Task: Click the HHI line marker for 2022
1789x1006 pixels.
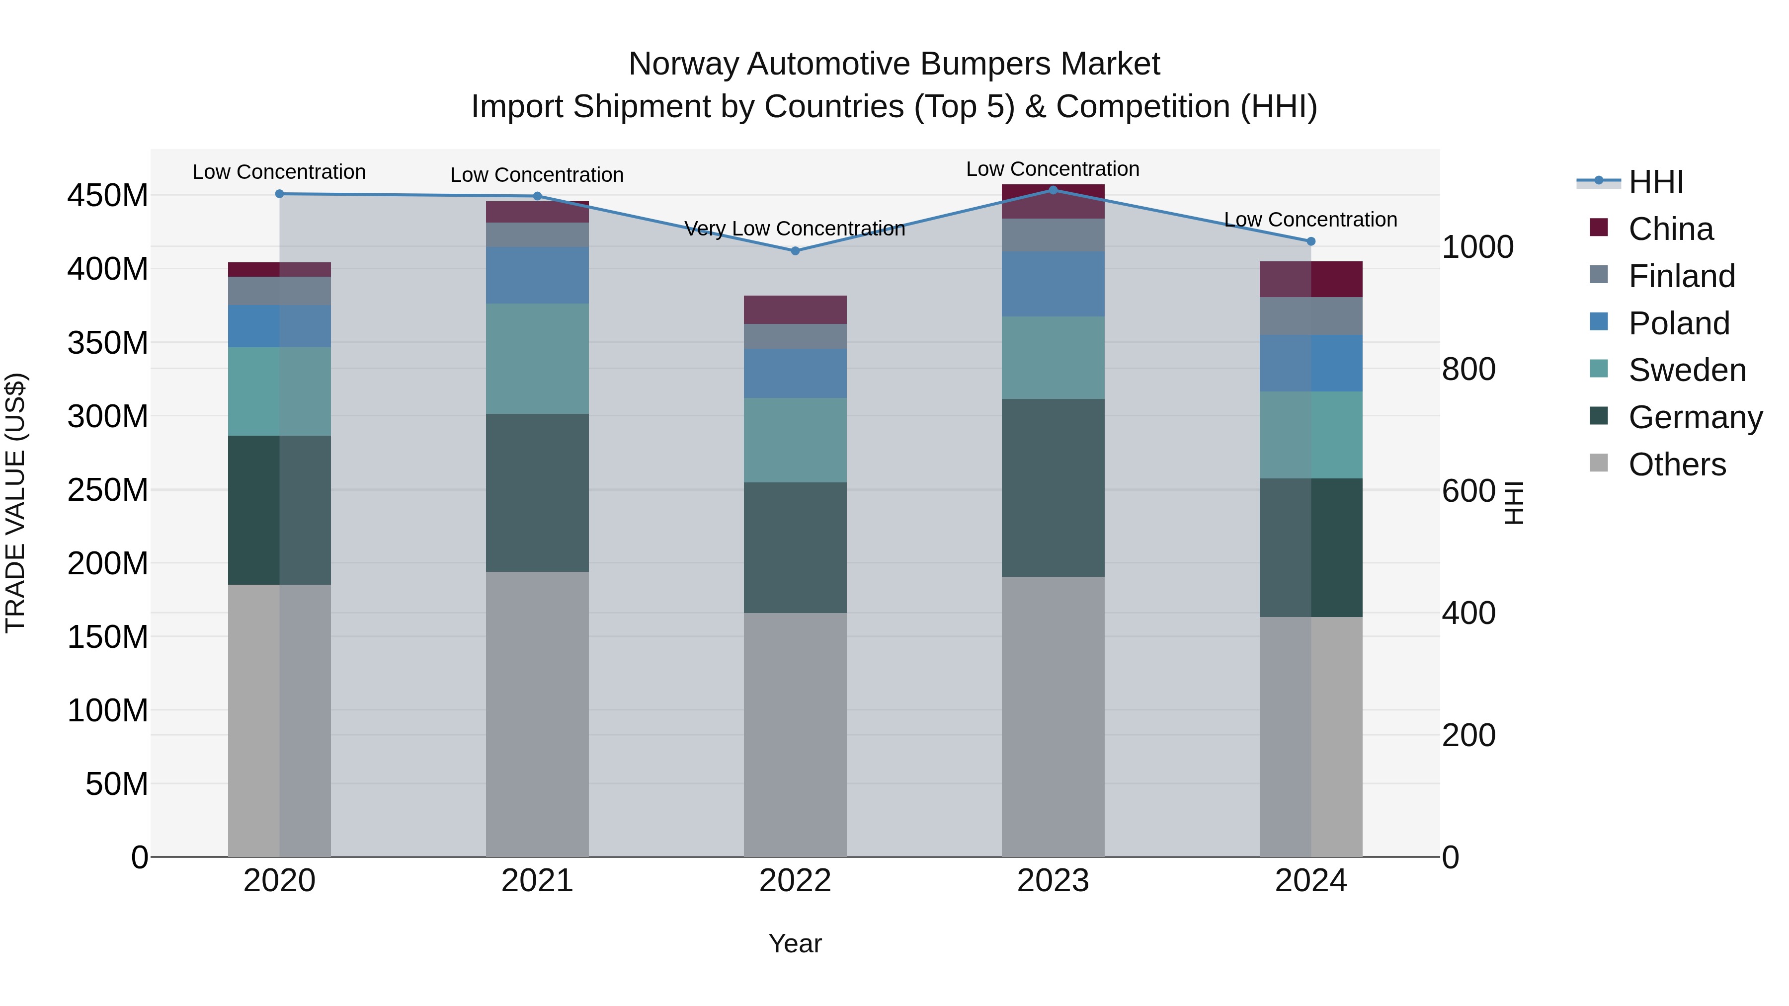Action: click(795, 251)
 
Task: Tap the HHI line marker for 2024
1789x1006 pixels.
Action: click(1310, 241)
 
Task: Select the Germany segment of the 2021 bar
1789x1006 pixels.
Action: click(537, 492)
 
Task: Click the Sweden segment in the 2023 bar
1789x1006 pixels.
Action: click(1053, 358)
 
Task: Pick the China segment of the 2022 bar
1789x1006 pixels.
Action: click(795, 310)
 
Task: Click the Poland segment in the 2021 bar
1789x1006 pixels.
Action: click(537, 275)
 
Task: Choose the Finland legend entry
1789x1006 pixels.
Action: click(1681, 276)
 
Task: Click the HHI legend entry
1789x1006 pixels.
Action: click(1656, 182)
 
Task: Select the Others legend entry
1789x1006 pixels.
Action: click(1677, 464)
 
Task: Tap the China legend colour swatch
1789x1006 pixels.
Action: click(1599, 228)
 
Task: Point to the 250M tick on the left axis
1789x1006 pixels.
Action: click(108, 490)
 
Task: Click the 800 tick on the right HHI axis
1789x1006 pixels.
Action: click(1468, 369)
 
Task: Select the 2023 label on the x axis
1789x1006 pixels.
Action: click(1053, 881)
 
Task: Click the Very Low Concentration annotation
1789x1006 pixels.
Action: click(795, 229)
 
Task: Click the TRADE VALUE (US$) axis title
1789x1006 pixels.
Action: click(15, 503)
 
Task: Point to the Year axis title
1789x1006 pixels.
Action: click(795, 943)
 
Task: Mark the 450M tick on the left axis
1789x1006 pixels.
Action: click(108, 196)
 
